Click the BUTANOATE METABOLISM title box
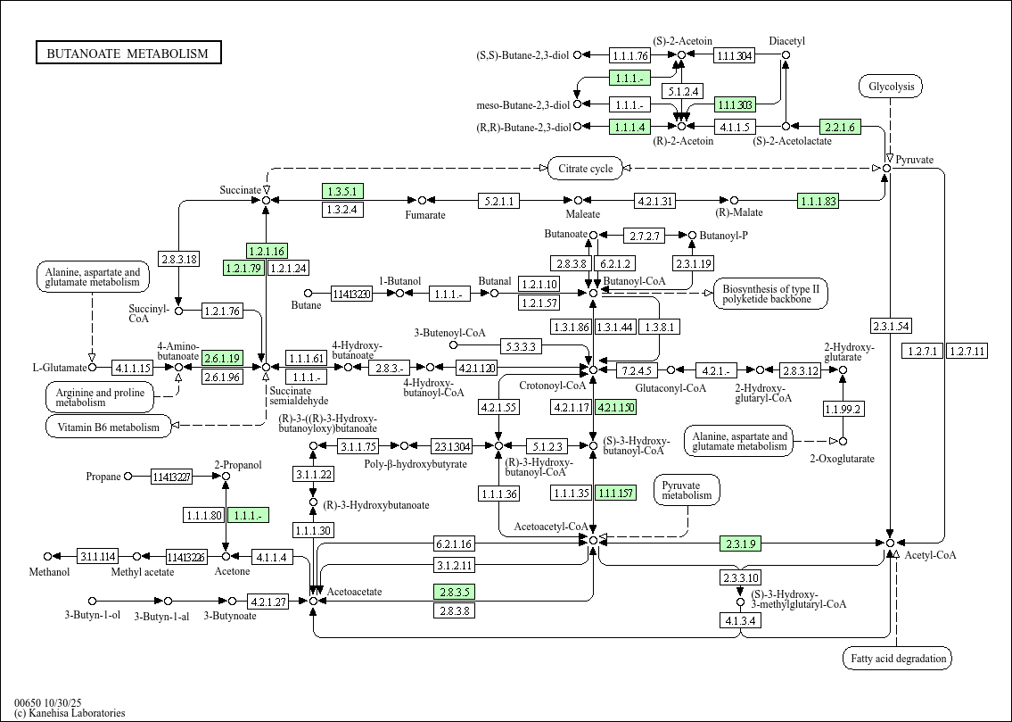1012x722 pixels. click(x=128, y=54)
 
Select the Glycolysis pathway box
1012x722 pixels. click(x=890, y=87)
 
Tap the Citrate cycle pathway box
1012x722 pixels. click(x=585, y=168)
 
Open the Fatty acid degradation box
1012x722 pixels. click(x=897, y=659)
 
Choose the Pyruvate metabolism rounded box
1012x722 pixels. click(x=687, y=489)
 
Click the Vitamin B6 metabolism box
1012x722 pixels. click(x=108, y=427)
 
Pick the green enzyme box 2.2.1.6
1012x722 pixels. click(x=840, y=127)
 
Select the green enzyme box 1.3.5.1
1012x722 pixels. click(x=341, y=191)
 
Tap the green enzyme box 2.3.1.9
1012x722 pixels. click(x=741, y=543)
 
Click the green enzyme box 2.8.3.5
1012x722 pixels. click(x=454, y=592)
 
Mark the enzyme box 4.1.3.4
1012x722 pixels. click(x=740, y=620)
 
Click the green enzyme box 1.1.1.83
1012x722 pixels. click(x=818, y=201)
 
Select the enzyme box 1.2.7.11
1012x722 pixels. click(x=967, y=351)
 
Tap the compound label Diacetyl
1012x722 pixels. click(x=786, y=41)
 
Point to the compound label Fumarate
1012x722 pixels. click(x=425, y=215)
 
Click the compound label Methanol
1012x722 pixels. click(x=49, y=571)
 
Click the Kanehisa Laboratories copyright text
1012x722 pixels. click(x=70, y=713)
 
